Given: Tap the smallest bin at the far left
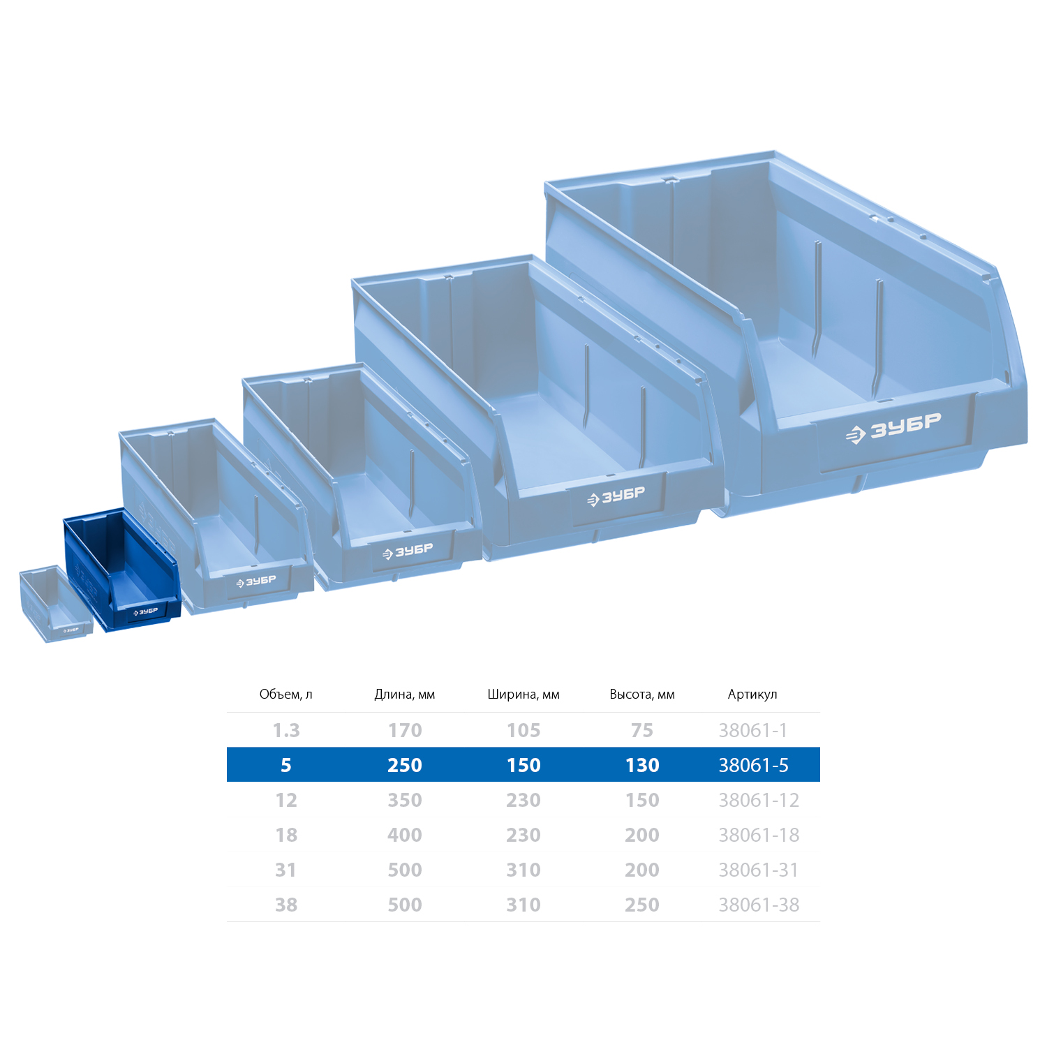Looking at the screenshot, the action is tap(54, 604).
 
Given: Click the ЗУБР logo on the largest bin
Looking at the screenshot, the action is tap(893, 428).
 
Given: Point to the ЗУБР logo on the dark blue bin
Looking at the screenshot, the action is tap(146, 612).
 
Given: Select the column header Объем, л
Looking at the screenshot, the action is tap(286, 695).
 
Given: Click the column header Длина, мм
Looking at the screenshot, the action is tap(405, 695).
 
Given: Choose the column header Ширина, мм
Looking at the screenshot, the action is tap(523, 695).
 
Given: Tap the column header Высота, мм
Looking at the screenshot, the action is tap(642, 695).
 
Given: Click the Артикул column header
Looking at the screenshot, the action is tap(752, 695).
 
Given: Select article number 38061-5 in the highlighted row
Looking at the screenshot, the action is tap(754, 765).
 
